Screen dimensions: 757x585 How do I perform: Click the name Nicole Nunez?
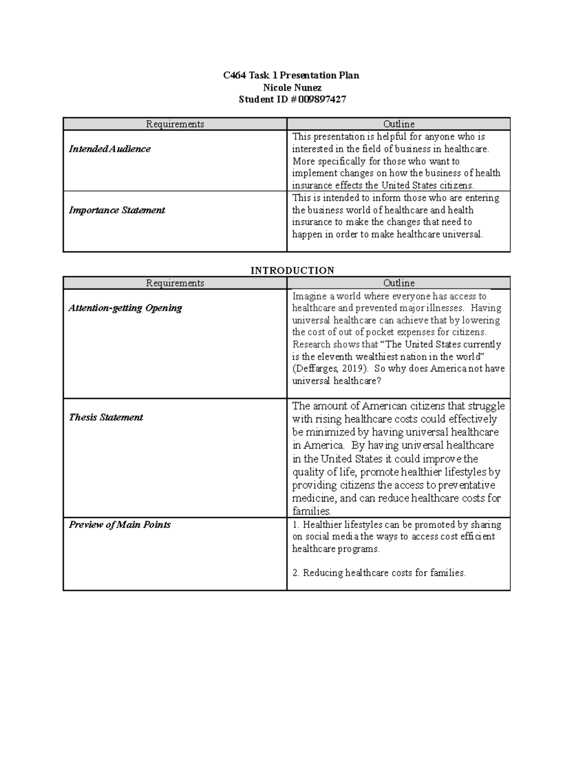[x=292, y=88]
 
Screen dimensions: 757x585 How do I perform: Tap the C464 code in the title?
[x=234, y=76]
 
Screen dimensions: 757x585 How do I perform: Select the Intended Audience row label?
[x=109, y=149]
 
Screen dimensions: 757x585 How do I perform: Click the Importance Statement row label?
[x=117, y=210]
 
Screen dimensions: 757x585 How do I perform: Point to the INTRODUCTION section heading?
[x=292, y=271]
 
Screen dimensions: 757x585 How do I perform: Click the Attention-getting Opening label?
[x=125, y=308]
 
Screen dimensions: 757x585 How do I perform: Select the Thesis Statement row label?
[x=106, y=417]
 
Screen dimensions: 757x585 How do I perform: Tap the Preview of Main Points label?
[x=119, y=525]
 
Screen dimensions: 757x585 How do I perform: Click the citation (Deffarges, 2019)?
[x=328, y=369]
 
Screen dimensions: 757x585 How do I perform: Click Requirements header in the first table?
[x=175, y=124]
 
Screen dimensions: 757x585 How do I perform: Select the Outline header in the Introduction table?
[x=399, y=283]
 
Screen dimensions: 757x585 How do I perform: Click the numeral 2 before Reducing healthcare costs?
[x=295, y=573]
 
